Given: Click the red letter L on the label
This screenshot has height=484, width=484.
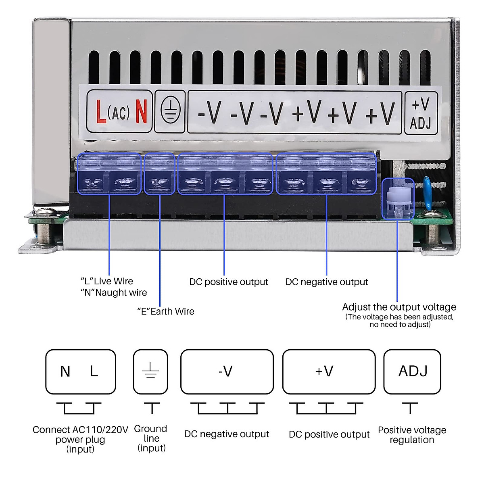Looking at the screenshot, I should pyautogui.click(x=101, y=112).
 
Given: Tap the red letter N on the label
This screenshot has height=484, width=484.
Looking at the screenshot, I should pyautogui.click(x=141, y=112).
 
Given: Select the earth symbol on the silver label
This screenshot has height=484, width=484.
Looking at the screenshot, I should pyautogui.click(x=170, y=111).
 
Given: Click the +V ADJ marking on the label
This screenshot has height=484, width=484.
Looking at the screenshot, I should pyautogui.click(x=421, y=113).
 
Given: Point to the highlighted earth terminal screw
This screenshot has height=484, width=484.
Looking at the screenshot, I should pyautogui.click(x=159, y=183).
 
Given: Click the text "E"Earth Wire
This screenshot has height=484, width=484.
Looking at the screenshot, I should pyautogui.click(x=166, y=311).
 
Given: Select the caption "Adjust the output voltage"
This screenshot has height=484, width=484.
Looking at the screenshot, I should pyautogui.click(x=399, y=307).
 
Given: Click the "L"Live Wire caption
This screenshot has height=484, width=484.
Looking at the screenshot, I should pyautogui.click(x=107, y=281).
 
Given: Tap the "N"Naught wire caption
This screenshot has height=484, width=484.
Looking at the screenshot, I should pyautogui.click(x=114, y=292).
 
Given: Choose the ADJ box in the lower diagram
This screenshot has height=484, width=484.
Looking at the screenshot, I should pyautogui.click(x=412, y=371).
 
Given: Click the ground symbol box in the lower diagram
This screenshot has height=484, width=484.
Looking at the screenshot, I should pyautogui.click(x=150, y=371).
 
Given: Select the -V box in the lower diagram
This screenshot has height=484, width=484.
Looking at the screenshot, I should pyautogui.click(x=227, y=371).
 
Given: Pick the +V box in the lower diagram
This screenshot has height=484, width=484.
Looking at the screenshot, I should pyautogui.click(x=329, y=371).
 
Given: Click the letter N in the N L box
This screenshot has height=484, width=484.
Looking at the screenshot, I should pyautogui.click(x=65, y=371).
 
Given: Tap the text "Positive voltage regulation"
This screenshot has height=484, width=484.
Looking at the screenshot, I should pyautogui.click(x=412, y=435).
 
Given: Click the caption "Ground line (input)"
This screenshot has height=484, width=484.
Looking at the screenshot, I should pyautogui.click(x=151, y=438).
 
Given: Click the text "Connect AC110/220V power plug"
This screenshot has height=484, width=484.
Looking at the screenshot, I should pyautogui.click(x=80, y=434).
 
